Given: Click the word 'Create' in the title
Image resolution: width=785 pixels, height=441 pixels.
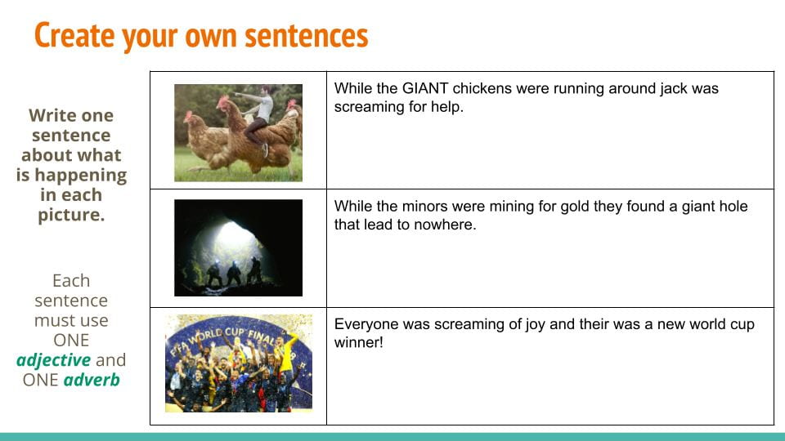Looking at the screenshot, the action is (74, 35).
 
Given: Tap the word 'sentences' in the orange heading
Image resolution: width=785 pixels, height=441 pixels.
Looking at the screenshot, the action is (307, 36).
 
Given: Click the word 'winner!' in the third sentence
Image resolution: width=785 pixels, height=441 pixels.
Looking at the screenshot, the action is (358, 342).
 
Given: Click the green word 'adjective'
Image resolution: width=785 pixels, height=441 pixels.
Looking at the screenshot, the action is (54, 360).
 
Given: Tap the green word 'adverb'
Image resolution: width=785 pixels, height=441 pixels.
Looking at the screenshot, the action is (92, 380).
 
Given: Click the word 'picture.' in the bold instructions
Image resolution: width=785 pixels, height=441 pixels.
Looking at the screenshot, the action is (71, 215).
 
